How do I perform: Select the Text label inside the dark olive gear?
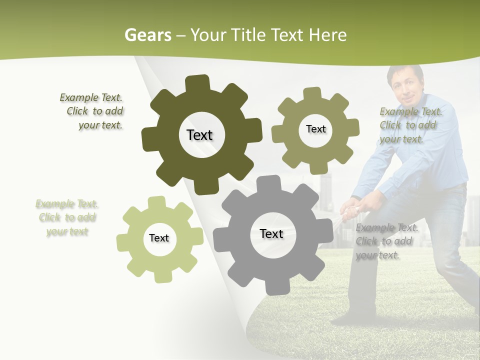tap(199, 135)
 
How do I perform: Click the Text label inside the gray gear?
tap(271, 233)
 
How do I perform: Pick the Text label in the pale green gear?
tap(159, 238)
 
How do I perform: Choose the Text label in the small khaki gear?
tap(315, 129)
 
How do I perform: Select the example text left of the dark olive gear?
tap(92, 111)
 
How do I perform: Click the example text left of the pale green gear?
tap(67, 217)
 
